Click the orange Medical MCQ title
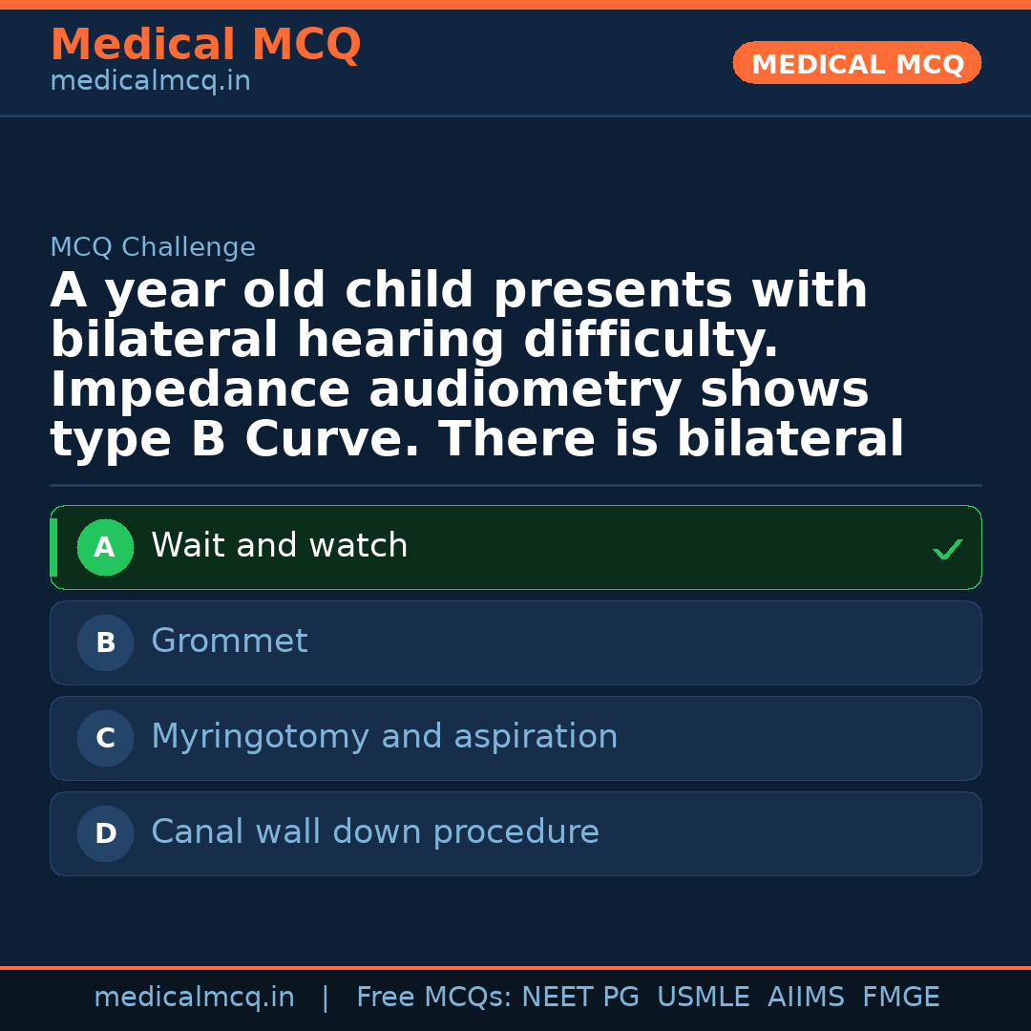[x=205, y=45]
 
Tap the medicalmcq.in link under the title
[x=150, y=82]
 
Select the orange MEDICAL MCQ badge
[x=857, y=64]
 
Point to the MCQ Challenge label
[x=153, y=248]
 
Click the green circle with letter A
[x=105, y=548]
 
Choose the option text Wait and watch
[x=280, y=546]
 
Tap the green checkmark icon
[x=947, y=549]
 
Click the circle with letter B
[x=105, y=643]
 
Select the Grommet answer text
[x=229, y=642]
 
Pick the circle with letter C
[x=105, y=739]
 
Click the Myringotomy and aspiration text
[x=385, y=737]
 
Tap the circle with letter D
[x=105, y=834]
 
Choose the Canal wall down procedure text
[x=375, y=832]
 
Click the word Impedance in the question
[x=200, y=391]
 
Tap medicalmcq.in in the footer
[x=195, y=998]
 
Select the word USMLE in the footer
[x=704, y=998]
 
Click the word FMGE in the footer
[x=901, y=998]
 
